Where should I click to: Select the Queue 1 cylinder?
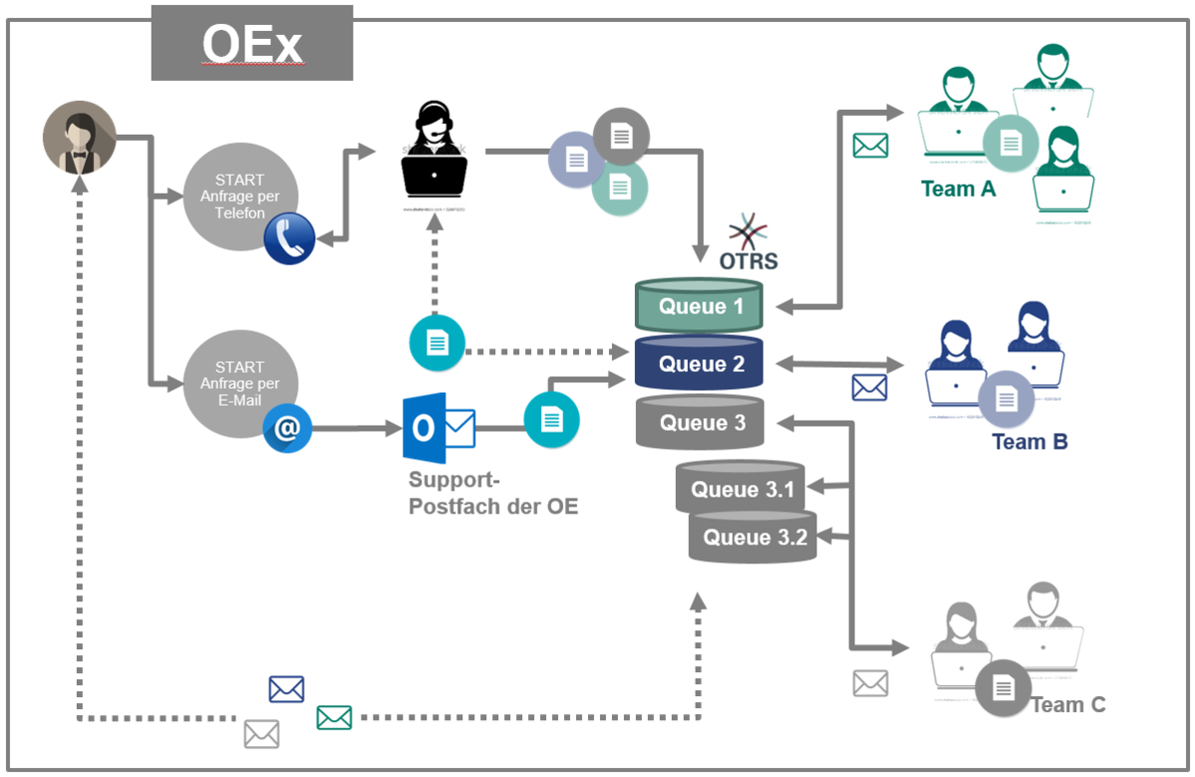700,305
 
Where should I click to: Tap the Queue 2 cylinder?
700,364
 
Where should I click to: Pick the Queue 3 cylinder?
700,423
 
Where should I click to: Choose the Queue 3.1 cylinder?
742,489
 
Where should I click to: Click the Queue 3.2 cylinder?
753,538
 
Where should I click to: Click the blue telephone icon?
290,239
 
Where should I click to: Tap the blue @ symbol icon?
288,428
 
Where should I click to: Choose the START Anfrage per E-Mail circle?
239,383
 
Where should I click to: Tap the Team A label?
958,189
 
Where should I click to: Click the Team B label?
1030,441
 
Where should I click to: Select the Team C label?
1068,704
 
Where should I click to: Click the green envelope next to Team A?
870,146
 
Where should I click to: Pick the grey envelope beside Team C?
870,683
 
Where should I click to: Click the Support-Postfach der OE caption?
493,493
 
